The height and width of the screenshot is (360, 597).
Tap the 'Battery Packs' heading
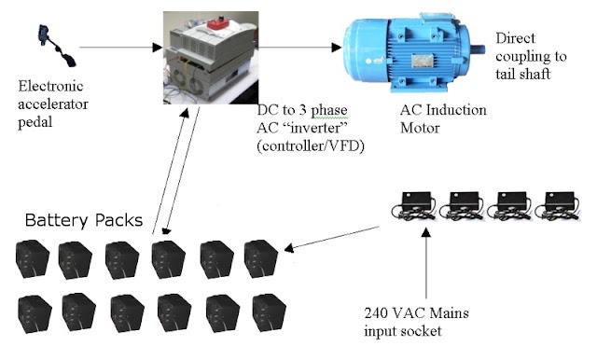(x=83, y=221)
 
